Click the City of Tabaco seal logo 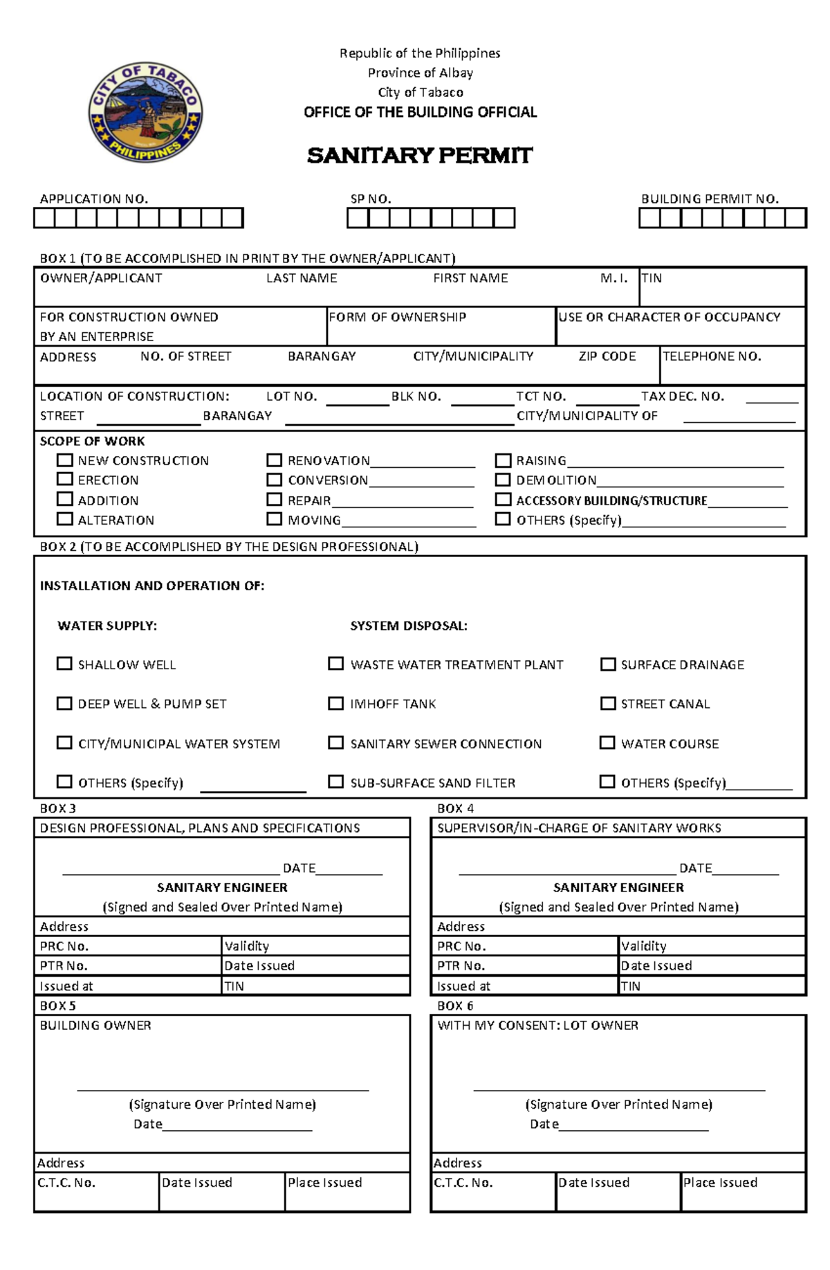(145, 112)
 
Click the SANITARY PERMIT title (420, 156)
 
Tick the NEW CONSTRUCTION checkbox (65, 460)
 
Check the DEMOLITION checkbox (503, 479)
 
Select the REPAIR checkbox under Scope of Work (275, 499)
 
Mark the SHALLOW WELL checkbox (64, 664)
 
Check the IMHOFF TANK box (335, 703)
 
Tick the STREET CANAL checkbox (607, 703)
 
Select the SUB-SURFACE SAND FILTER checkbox (335, 782)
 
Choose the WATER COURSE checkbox (607, 743)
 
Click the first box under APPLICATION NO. (44, 219)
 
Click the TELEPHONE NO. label (712, 356)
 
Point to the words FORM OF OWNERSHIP (397, 317)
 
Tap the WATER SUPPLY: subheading (107, 626)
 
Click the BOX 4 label (455, 808)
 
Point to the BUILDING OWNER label (95, 1026)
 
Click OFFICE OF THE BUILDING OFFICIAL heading (420, 112)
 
